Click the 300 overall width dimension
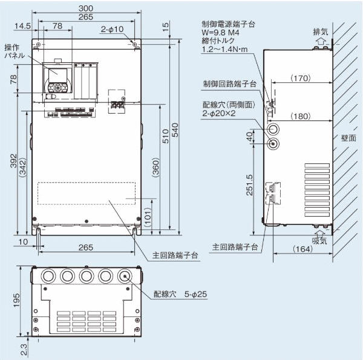point(90,7)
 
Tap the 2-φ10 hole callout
point(112,28)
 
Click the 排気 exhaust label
point(320,31)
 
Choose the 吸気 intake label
point(320,240)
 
